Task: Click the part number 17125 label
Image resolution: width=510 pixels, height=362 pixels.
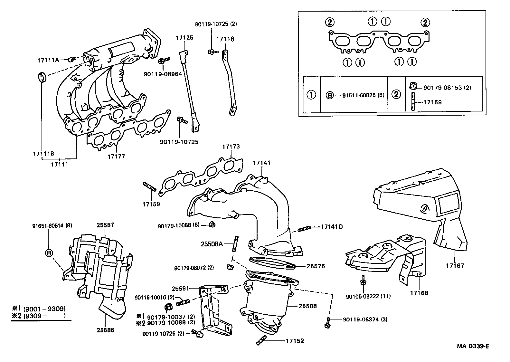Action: (x=184, y=38)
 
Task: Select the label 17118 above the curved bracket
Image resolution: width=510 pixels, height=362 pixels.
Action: (x=225, y=39)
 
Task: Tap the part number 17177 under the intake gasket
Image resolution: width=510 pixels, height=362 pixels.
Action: (x=116, y=157)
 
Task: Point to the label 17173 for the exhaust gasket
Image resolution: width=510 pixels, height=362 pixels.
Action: (x=231, y=147)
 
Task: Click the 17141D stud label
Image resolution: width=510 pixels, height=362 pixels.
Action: (x=332, y=227)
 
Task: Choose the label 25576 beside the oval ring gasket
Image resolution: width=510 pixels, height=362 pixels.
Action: (x=316, y=266)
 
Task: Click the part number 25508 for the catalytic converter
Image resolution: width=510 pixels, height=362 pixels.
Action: (x=307, y=306)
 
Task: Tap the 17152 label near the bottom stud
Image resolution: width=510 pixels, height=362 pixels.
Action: (x=295, y=341)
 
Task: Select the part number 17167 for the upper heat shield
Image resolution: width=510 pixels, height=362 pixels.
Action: (x=455, y=266)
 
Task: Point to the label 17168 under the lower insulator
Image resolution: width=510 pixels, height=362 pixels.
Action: (x=419, y=293)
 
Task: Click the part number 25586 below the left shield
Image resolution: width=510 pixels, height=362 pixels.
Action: (x=105, y=330)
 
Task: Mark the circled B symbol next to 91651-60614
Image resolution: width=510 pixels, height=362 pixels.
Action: (x=48, y=253)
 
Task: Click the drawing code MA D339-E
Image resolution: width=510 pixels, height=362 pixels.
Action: (x=472, y=346)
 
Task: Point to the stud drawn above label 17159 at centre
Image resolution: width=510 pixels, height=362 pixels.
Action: (x=149, y=186)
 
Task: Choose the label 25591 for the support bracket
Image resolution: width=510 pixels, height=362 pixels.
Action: (x=180, y=289)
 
